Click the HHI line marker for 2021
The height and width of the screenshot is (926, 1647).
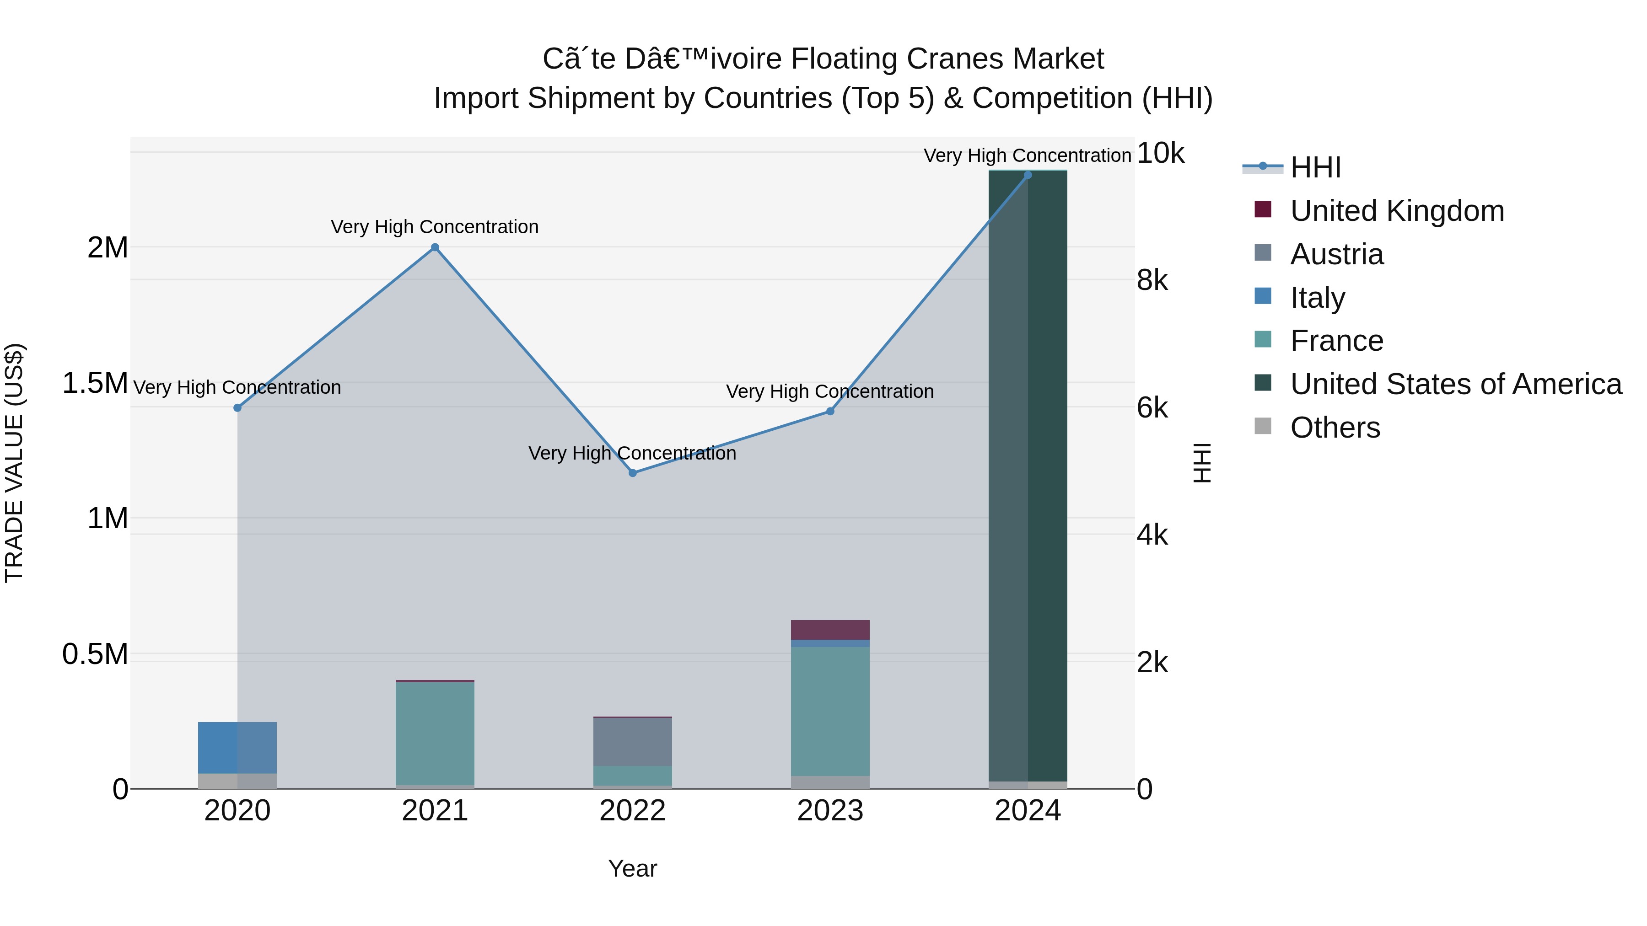435,247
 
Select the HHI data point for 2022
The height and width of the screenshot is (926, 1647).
632,473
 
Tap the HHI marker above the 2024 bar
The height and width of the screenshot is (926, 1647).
1028,175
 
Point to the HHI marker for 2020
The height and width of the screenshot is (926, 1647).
237,408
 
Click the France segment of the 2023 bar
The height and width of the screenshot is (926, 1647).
830,711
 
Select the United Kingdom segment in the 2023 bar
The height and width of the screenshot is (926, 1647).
830,630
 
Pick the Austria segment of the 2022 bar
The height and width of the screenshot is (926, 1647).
632,741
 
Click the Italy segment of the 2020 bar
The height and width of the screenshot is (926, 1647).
237,748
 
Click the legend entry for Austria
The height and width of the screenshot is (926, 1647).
1336,254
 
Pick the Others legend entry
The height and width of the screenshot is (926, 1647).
1335,428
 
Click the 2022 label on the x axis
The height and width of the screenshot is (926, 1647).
632,811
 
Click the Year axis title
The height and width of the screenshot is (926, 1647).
632,868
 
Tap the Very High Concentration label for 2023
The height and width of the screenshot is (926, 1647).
830,391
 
